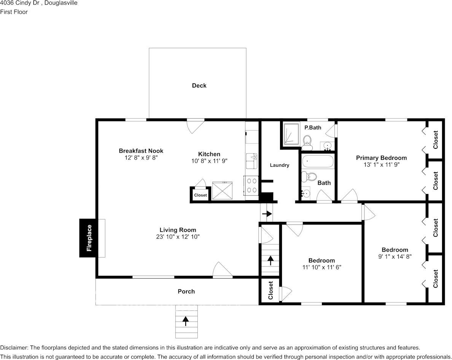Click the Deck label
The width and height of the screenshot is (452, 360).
[199, 86]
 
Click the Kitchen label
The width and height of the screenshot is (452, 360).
[209, 154]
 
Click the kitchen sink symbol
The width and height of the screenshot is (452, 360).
[251, 161]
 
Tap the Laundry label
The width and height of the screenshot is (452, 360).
[279, 165]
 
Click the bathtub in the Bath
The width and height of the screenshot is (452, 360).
[318, 162]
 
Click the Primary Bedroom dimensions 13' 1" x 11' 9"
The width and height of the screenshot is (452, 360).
[381, 165]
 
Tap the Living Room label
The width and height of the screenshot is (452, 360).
[178, 230]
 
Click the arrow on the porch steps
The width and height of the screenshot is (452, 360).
[186, 321]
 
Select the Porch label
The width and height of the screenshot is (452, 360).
[186, 292]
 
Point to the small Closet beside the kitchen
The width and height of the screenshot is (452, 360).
[200, 195]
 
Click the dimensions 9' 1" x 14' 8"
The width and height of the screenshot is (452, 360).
[395, 256]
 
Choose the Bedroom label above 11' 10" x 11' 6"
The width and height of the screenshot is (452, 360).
[321, 260]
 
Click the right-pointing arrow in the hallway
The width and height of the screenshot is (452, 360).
[267, 214]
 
